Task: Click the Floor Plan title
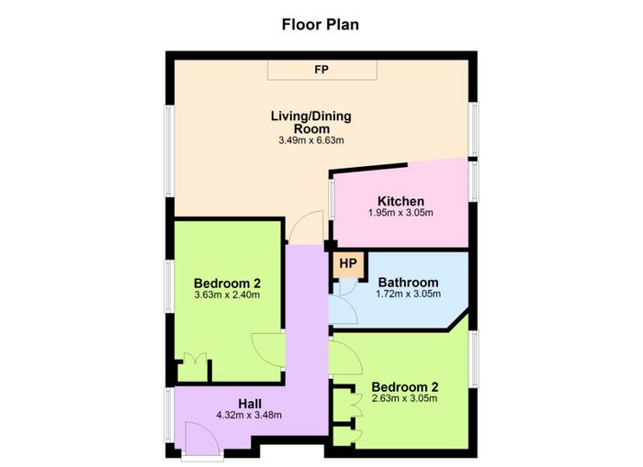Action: pos(321,25)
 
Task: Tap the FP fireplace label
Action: pos(321,70)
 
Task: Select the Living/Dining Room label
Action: pos(311,122)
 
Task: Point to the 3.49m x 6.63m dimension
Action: pos(311,140)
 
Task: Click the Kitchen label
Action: pos(400,201)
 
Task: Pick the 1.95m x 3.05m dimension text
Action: pos(400,213)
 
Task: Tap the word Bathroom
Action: pos(408,283)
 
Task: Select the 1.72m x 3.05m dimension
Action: pos(408,294)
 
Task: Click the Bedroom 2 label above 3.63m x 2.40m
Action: pos(227,284)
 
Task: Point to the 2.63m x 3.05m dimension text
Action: pos(404,398)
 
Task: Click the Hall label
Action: pos(250,404)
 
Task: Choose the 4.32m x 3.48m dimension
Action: pos(249,415)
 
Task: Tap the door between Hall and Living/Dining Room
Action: pos(307,228)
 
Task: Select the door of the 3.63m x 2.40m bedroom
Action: pos(268,351)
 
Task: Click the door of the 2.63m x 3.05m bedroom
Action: pos(345,358)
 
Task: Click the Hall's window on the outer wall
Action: pos(168,415)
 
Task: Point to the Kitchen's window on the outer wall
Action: pos(474,181)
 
